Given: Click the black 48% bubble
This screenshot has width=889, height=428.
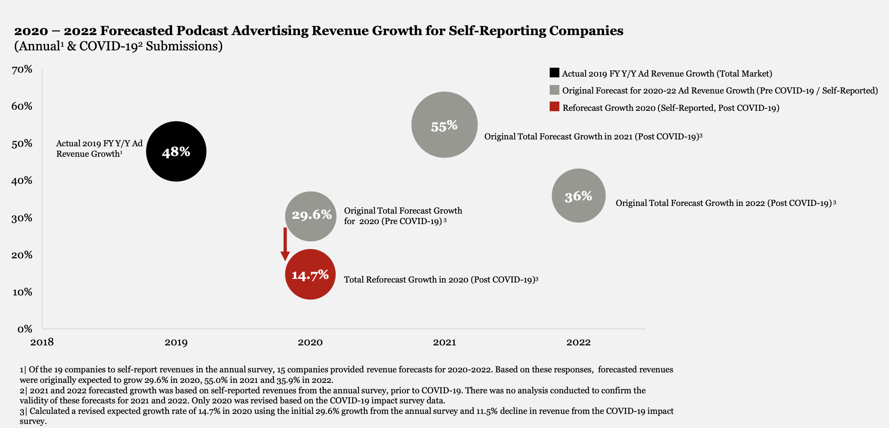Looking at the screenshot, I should point(176,152).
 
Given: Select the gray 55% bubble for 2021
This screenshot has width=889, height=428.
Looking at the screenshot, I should point(444,125).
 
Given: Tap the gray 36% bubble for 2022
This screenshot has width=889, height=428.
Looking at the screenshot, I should point(578,196).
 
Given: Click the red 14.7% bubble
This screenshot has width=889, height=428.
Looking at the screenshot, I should point(310,274).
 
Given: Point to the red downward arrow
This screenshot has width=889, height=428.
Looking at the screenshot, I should point(285,244).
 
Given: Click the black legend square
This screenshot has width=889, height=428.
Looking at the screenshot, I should point(554,73).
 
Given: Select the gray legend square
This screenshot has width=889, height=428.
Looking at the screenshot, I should point(554,90).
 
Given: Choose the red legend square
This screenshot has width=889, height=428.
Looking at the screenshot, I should point(554,107).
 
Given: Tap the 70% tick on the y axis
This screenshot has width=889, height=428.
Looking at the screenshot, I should point(22,69).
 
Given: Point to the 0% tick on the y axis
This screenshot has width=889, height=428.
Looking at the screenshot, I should point(25,329).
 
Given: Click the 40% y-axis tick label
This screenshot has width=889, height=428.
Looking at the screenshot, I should point(22,181).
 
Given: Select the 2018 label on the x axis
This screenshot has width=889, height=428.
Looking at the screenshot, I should point(42,342).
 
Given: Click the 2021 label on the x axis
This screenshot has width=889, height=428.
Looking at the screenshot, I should point(444,342).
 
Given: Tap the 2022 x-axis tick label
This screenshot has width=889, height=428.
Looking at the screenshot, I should point(578,342).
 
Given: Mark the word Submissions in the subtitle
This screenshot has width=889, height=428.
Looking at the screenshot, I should point(184,46).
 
